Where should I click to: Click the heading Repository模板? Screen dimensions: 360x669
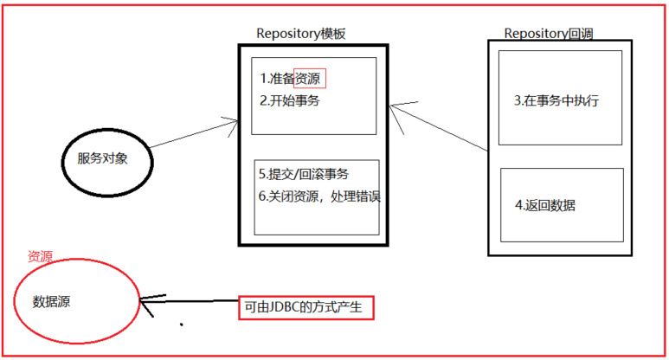point(301,34)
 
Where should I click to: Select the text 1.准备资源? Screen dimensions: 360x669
point(293,79)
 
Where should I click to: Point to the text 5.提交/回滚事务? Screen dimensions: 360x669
point(303,173)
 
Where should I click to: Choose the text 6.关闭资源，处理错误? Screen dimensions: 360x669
point(319,196)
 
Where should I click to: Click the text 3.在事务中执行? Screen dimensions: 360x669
point(556,100)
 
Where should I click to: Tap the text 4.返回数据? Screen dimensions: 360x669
point(545,206)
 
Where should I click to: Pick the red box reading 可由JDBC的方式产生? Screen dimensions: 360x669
point(306,308)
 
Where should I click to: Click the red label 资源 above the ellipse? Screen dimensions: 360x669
point(40,257)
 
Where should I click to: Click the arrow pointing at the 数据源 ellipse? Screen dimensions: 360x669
point(190,303)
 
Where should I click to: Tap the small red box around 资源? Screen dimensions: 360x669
point(311,78)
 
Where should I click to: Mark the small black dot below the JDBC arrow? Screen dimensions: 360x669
point(181,326)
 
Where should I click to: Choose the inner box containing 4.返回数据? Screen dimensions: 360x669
point(562,204)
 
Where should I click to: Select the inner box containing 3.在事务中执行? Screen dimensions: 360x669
point(561,97)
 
